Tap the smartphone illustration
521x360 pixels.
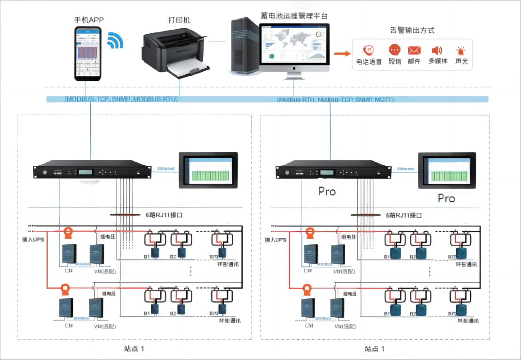88,52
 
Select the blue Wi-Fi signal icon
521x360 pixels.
115,41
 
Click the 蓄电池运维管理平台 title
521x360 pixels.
294,15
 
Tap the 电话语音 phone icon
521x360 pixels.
368,50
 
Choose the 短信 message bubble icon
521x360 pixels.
394,50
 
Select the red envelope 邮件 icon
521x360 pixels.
414,50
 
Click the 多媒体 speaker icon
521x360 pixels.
437,50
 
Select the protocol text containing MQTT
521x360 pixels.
335,100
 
